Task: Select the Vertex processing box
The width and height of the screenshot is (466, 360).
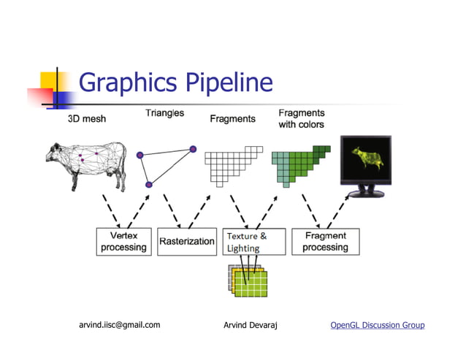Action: point(123,241)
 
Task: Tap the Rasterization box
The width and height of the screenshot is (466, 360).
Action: point(187,241)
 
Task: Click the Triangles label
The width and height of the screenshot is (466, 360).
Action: point(164,113)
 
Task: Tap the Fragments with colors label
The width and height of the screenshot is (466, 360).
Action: point(302,118)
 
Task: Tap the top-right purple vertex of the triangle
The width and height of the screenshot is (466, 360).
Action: point(193,149)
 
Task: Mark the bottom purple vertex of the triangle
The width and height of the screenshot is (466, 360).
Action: point(149,185)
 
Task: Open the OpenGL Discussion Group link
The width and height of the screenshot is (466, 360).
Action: point(377,325)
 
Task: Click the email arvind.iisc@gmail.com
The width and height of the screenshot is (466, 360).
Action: point(119,325)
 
